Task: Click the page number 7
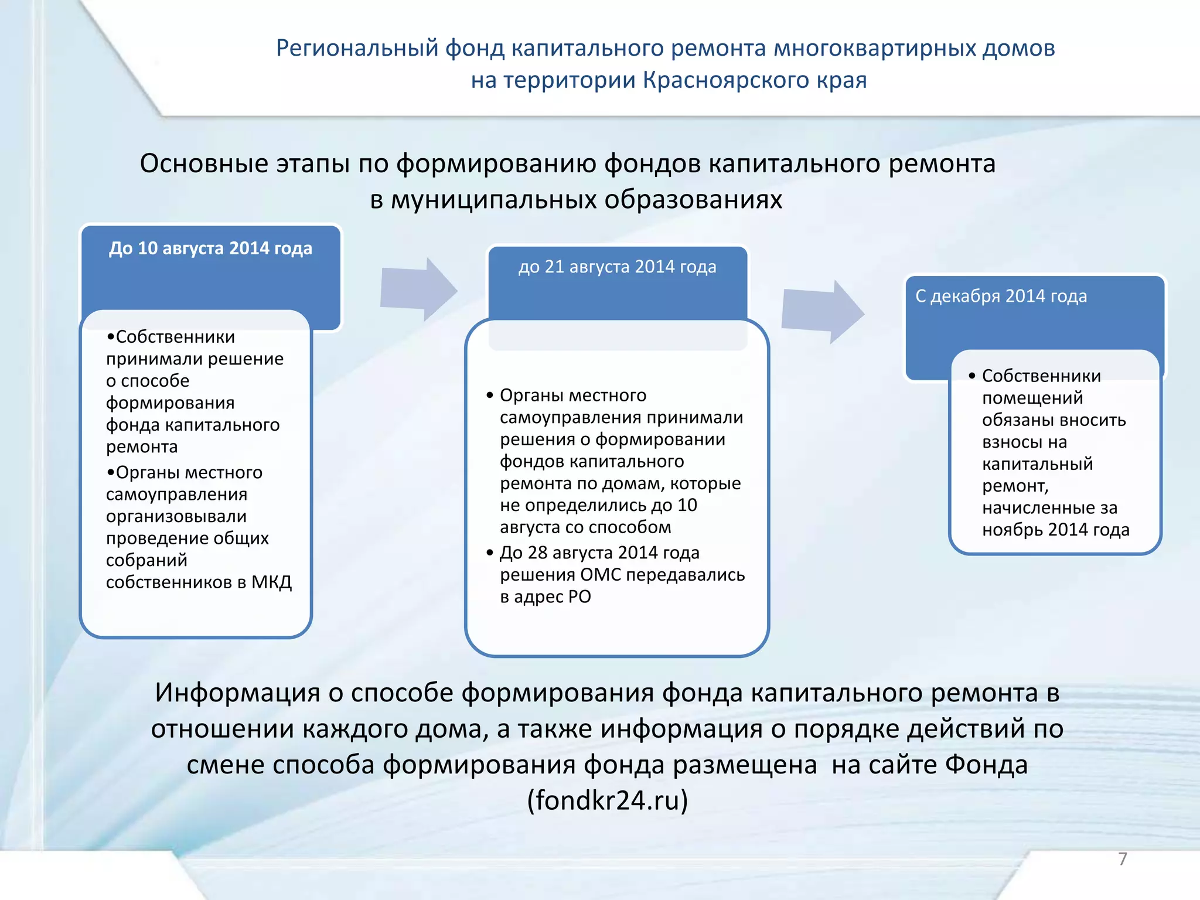1123,859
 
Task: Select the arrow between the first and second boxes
418,289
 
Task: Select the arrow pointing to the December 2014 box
822,311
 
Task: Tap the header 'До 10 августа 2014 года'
210,248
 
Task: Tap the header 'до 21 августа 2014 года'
617,267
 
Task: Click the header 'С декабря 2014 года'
1001,296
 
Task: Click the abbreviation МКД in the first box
271,582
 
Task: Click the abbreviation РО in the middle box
579,597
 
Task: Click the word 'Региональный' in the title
357,48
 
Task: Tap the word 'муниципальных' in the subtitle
493,200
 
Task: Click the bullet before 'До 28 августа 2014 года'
490,553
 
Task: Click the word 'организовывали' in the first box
176,517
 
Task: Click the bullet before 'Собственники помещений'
972,376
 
